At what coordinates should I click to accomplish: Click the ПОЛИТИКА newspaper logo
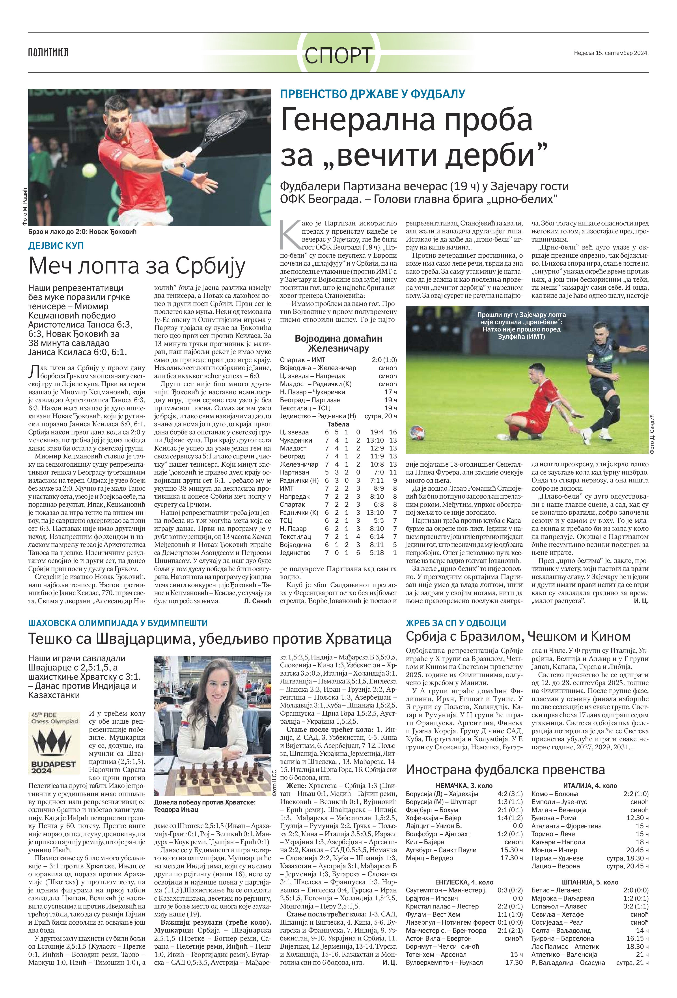tap(48, 53)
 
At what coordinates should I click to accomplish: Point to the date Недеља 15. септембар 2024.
tap(611, 53)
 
